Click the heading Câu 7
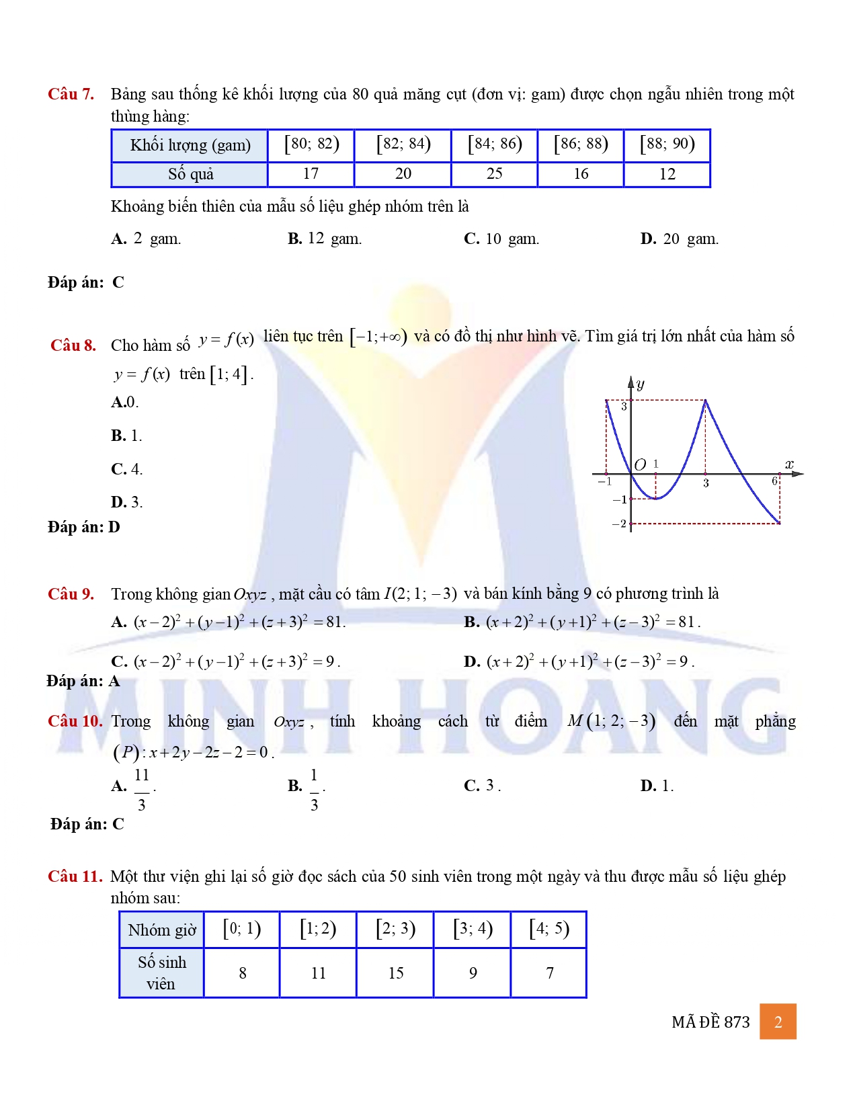click(x=71, y=94)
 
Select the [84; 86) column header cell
click(x=495, y=145)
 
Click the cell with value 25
click(x=495, y=174)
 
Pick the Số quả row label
click(x=190, y=174)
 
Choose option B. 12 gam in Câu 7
click(x=325, y=239)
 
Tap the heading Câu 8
click(x=73, y=345)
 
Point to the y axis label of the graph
click(x=641, y=384)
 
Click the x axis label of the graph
click(x=789, y=464)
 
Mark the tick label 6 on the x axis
click(x=774, y=481)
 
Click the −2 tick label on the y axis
click(x=619, y=524)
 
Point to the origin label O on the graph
click(x=640, y=464)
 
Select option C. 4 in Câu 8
click(x=127, y=469)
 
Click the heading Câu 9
click(x=71, y=594)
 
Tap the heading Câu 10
click(x=75, y=721)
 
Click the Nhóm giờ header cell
click(x=162, y=930)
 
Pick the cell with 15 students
click(x=396, y=973)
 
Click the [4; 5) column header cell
click(x=549, y=930)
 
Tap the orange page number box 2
click(x=778, y=1022)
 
